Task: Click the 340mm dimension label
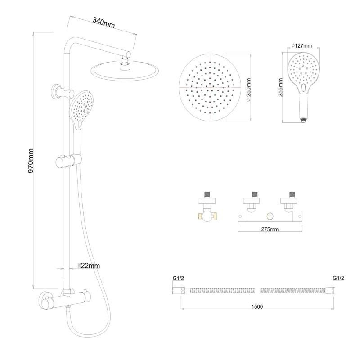point(103,21)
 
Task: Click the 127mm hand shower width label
point(302,45)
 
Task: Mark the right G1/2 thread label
point(338,278)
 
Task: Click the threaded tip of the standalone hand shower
point(304,120)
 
